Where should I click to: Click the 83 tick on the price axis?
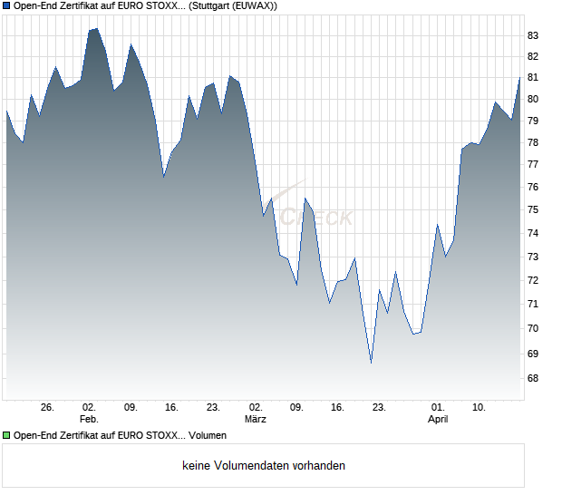tap(533, 35)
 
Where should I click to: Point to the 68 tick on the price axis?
tap(533, 378)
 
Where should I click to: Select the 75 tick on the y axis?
tap(533, 209)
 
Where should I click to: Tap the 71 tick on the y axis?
tap(533, 305)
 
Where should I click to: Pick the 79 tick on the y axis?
tap(533, 121)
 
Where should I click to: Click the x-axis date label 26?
tap(48, 407)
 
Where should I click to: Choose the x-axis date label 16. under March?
tap(338, 407)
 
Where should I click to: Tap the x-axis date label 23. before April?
tap(380, 407)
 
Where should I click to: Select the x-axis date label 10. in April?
tap(480, 407)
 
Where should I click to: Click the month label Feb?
tap(89, 419)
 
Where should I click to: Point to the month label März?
tap(256, 419)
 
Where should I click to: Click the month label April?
tap(438, 419)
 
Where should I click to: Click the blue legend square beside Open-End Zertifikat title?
tap(6, 5)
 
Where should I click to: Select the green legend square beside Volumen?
tap(6, 436)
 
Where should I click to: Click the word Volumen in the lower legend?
tap(208, 436)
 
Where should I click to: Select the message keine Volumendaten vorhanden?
tap(264, 466)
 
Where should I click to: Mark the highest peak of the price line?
tap(96, 29)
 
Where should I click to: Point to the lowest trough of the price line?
tap(371, 363)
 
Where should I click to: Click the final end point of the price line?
tap(520, 77)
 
